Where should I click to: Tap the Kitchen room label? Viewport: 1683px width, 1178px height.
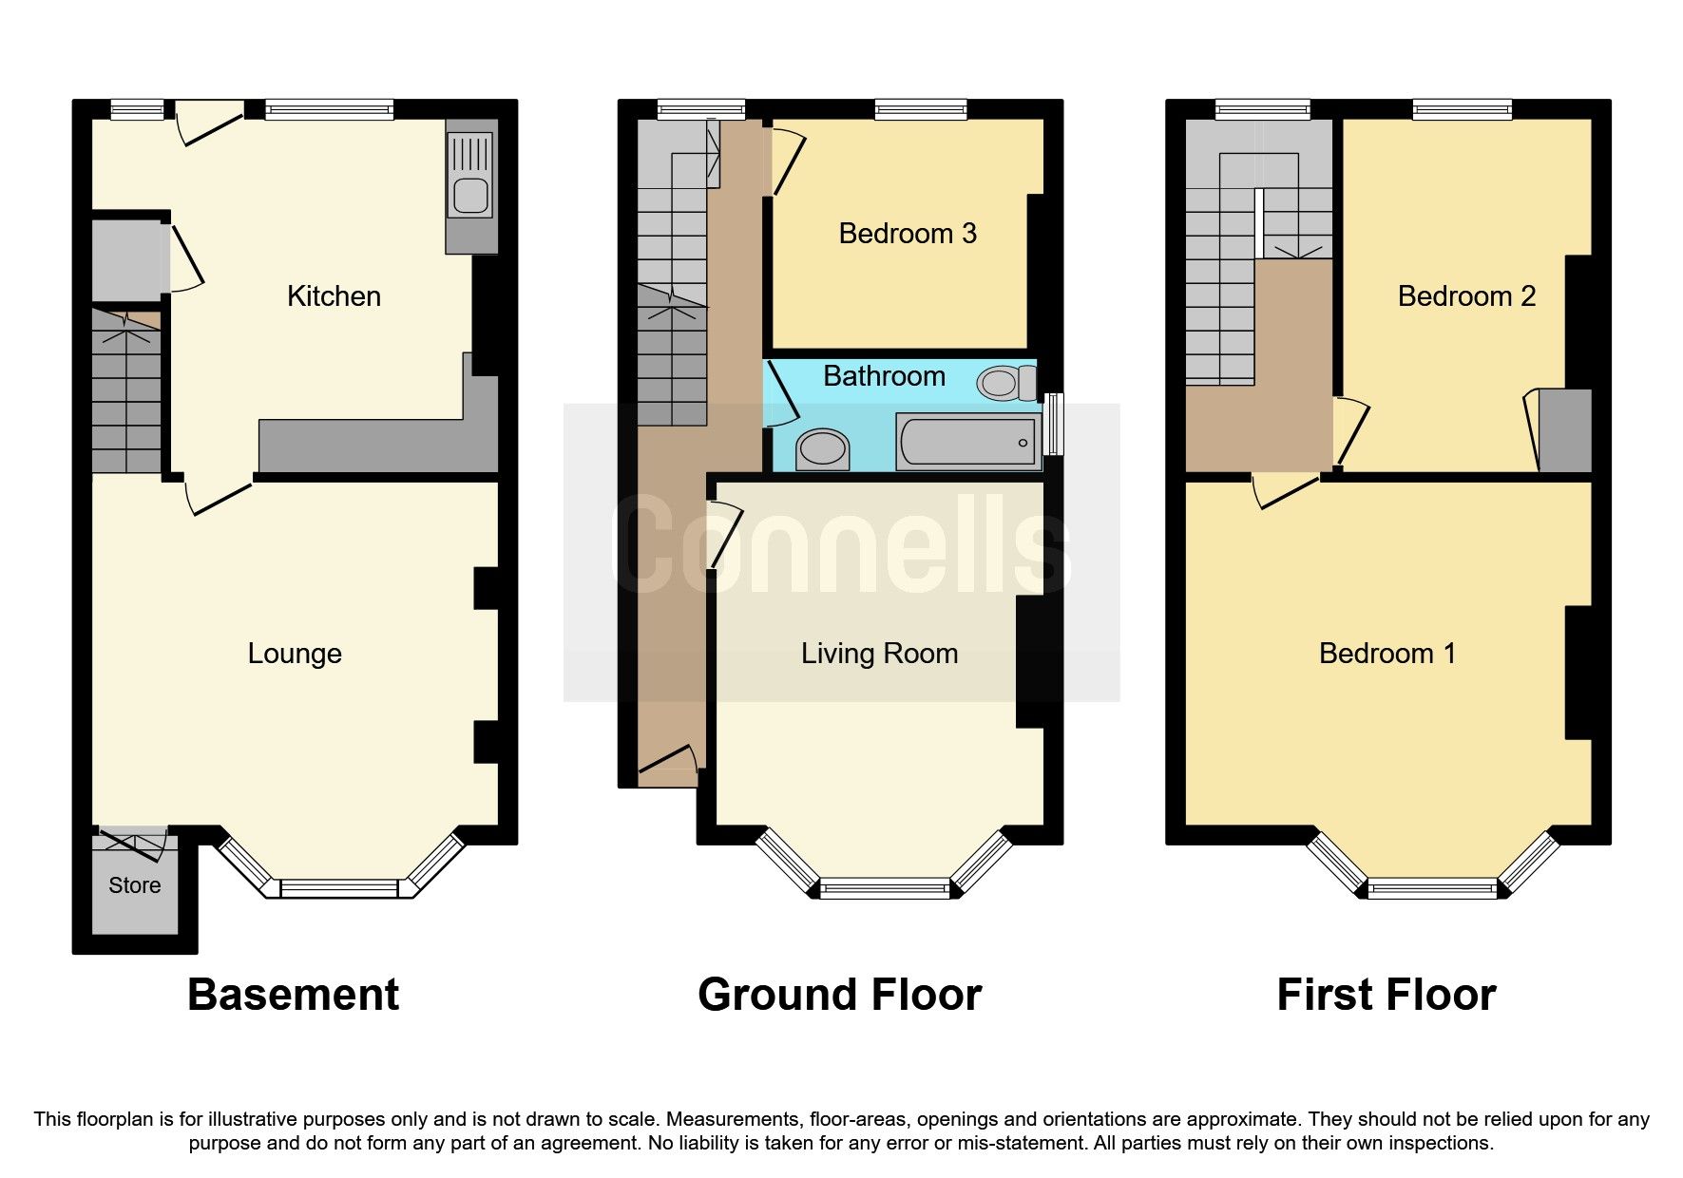pyautogui.click(x=334, y=296)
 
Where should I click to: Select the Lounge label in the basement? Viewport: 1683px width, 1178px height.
pyautogui.click(x=295, y=654)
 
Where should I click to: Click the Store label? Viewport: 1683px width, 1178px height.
pyautogui.click(x=135, y=885)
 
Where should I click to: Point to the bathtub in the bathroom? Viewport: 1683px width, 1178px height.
pyautogui.click(x=966, y=442)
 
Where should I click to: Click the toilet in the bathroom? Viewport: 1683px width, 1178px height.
pyautogui.click(x=1005, y=383)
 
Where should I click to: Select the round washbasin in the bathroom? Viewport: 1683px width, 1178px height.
pyautogui.click(x=822, y=448)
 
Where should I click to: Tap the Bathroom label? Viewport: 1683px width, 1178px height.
pyautogui.click(x=884, y=376)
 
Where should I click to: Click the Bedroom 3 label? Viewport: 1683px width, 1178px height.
pyautogui.click(x=907, y=234)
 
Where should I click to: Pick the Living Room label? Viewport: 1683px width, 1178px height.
pyautogui.click(x=879, y=654)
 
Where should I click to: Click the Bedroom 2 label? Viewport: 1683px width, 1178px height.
pyautogui.click(x=1466, y=296)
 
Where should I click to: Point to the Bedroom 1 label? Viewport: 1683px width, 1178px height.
pyautogui.click(x=1387, y=654)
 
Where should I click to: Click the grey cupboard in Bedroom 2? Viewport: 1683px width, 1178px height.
pyautogui.click(x=1564, y=430)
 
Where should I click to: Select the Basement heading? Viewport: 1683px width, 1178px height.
pyautogui.click(x=293, y=995)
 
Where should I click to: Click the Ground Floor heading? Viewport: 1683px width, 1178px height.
pyautogui.click(x=839, y=995)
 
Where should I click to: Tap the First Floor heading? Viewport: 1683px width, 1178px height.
pyautogui.click(x=1386, y=995)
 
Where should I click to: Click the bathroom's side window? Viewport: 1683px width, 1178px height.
pyautogui.click(x=1052, y=425)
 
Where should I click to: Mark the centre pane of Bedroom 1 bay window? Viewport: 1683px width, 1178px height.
pyautogui.click(x=1432, y=889)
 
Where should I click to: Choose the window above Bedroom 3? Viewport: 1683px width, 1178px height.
pyautogui.click(x=920, y=110)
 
